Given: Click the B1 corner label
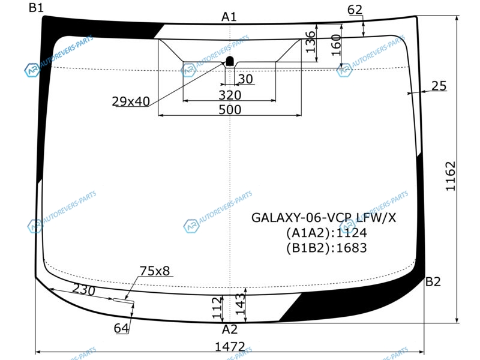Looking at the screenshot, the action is (x=36, y=7).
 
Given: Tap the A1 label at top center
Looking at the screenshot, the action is (x=229, y=17).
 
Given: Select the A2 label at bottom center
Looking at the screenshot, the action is (x=230, y=329).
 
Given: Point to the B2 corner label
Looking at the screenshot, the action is (x=433, y=281).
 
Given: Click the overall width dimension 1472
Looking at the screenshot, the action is (x=230, y=347).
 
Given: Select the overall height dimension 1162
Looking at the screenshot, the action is (x=451, y=176).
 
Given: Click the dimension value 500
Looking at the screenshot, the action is (x=230, y=110).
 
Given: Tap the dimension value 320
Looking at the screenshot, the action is (x=230, y=95).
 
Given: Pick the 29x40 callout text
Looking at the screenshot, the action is (x=131, y=101).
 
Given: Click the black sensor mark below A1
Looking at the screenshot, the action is (x=230, y=62).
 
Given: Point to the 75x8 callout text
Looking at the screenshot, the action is (x=155, y=271).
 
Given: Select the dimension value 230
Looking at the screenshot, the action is (x=84, y=290).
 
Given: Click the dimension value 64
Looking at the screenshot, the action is (x=121, y=328).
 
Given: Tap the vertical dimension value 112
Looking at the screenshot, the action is (x=217, y=307).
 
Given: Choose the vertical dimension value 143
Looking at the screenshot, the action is (x=241, y=304).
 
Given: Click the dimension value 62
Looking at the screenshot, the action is (x=355, y=10).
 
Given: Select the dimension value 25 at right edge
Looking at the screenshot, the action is (x=439, y=86).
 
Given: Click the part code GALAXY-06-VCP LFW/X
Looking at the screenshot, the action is (x=323, y=218).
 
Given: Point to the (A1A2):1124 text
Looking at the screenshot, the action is (x=326, y=233).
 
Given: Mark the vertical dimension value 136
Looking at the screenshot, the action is (x=310, y=41).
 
